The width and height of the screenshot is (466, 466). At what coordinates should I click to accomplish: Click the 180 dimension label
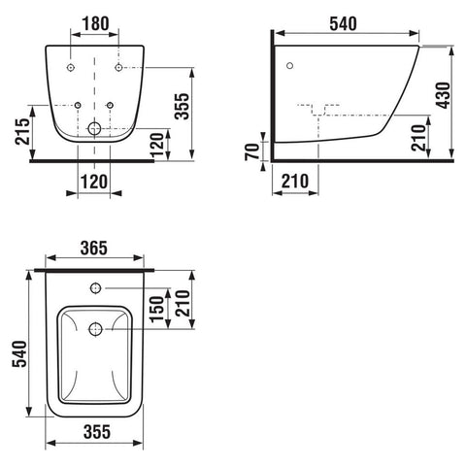(95, 23)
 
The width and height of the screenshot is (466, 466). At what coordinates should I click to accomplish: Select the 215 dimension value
(22, 131)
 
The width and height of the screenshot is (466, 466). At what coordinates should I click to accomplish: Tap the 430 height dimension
(443, 95)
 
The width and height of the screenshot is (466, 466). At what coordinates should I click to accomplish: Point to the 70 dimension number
(252, 151)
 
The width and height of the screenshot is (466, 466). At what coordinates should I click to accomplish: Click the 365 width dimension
(94, 249)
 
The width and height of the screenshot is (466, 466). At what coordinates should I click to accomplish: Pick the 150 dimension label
(157, 309)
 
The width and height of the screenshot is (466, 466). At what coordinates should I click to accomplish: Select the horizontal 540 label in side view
(343, 23)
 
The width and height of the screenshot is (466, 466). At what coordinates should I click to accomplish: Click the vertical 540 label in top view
(19, 353)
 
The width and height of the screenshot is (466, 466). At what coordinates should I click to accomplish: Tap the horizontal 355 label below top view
(97, 432)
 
